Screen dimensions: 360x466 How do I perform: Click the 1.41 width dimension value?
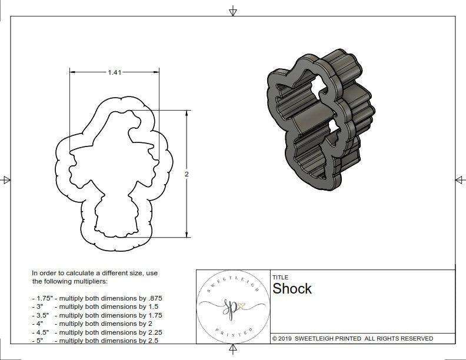click(x=114, y=72)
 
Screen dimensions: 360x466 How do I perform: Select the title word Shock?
click(x=292, y=289)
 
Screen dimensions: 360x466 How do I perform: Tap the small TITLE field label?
click(x=279, y=277)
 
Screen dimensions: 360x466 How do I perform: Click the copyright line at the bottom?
click(x=352, y=338)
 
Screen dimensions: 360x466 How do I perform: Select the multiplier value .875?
click(x=154, y=298)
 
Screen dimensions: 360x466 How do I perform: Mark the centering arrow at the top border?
click(x=233, y=11)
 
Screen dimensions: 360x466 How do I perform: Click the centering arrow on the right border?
click(x=460, y=179)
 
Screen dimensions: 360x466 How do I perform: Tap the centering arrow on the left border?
click(x=6, y=179)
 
